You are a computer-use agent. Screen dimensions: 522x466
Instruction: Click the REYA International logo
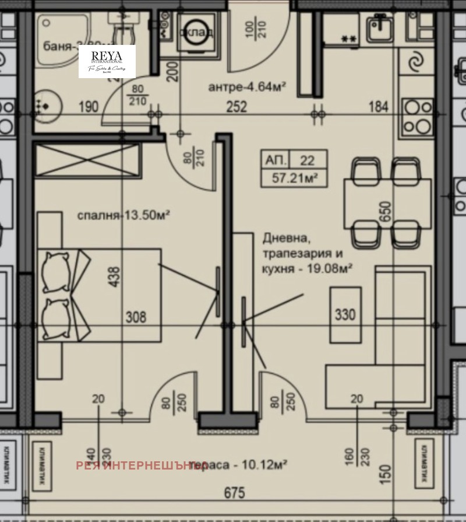(x=107, y=61)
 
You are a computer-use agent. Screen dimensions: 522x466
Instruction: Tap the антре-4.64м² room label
(x=247, y=87)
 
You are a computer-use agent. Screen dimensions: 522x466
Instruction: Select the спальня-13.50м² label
(x=123, y=215)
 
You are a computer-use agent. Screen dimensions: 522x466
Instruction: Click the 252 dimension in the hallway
(x=238, y=107)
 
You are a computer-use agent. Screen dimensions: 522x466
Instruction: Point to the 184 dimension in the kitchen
(x=377, y=107)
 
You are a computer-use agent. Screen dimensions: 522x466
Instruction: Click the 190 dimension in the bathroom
(x=89, y=107)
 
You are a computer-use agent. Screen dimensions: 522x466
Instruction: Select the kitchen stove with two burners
(x=416, y=117)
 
